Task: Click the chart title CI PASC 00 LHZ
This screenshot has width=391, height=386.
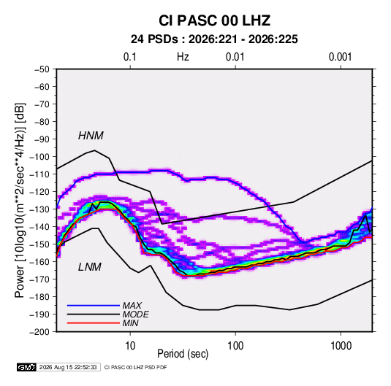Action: [x=214, y=20]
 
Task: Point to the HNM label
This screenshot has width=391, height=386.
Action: [x=91, y=136]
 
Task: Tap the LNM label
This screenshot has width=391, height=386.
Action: [x=90, y=267]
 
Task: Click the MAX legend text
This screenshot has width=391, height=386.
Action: [x=132, y=305]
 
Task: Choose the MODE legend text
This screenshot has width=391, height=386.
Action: [x=136, y=314]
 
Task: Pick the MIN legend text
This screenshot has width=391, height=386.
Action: [x=130, y=323]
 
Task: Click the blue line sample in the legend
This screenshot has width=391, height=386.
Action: [x=94, y=305]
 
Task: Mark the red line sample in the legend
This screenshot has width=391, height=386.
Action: [x=94, y=323]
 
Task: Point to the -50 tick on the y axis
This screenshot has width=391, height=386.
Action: [x=42, y=69]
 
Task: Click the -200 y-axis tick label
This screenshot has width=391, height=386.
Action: [x=39, y=332]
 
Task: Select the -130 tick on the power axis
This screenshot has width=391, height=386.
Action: [x=39, y=209]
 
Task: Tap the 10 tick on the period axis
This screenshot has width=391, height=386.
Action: [x=130, y=346]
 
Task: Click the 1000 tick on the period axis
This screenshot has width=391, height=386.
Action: [x=341, y=346]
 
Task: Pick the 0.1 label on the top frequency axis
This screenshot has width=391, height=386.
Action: [x=130, y=57]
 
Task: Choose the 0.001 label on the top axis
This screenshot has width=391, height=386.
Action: [x=340, y=57]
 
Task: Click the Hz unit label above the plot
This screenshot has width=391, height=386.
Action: [x=183, y=57]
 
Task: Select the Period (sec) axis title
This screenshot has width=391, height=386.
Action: [x=183, y=354]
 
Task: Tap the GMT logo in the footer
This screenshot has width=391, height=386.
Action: [x=26, y=367]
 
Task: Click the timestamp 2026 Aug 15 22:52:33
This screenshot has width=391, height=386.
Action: [x=68, y=367]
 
